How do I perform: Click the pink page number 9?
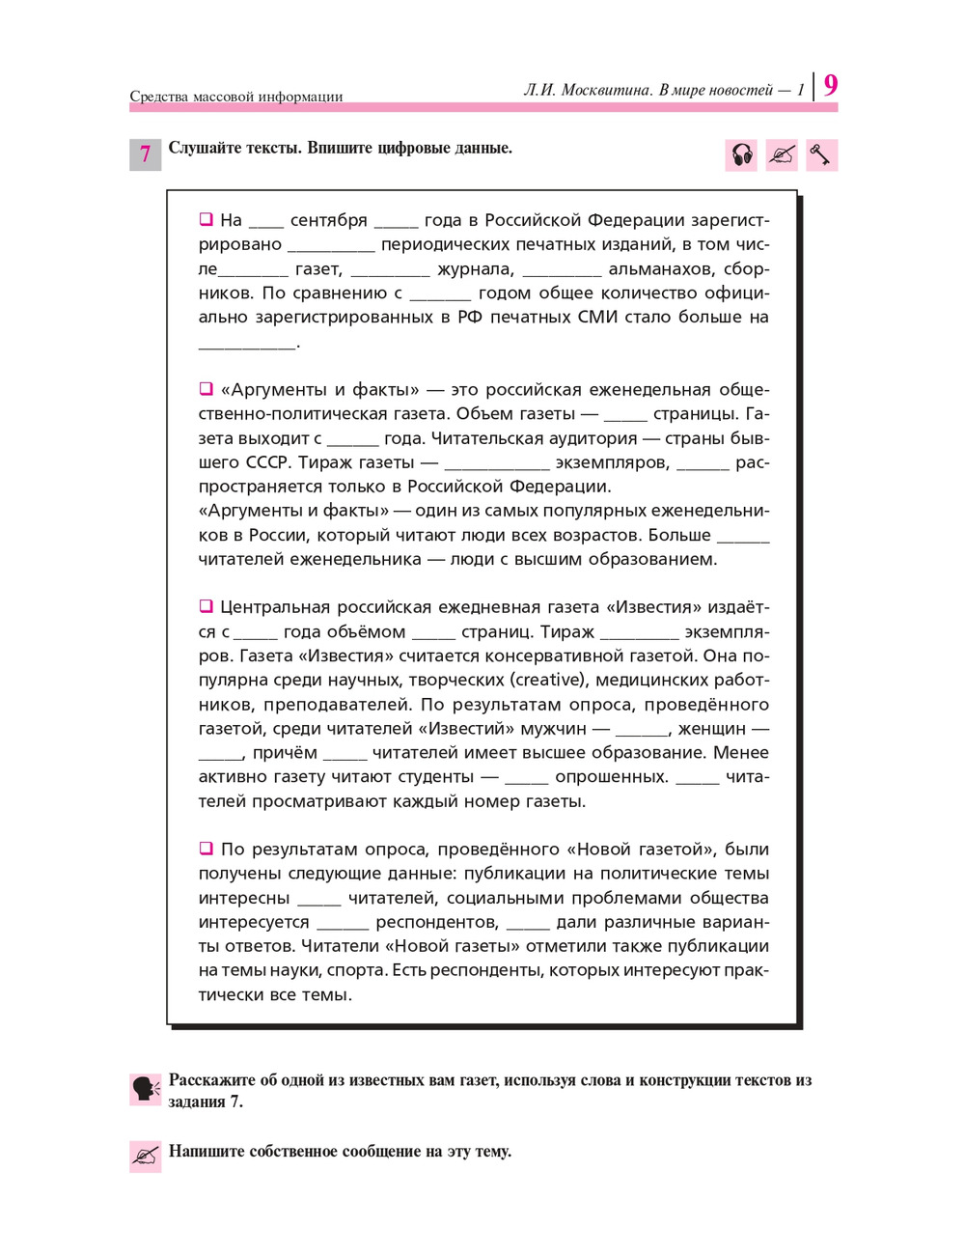[x=830, y=86]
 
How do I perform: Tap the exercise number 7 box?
[x=146, y=154]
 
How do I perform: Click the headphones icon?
[x=741, y=154]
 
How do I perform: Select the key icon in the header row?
[x=820, y=154]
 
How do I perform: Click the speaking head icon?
[x=146, y=1089]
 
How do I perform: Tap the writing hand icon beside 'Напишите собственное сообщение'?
[x=146, y=1156]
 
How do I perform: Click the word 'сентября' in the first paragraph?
[x=328, y=220]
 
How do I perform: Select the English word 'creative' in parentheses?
[x=547, y=681]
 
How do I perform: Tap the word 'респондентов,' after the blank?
[x=437, y=922]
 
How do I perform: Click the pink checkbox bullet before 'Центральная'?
[x=206, y=606]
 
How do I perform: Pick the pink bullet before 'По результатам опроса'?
[x=206, y=849]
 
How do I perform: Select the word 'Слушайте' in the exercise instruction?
[x=202, y=148]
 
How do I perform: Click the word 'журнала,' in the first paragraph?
[x=476, y=268]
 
